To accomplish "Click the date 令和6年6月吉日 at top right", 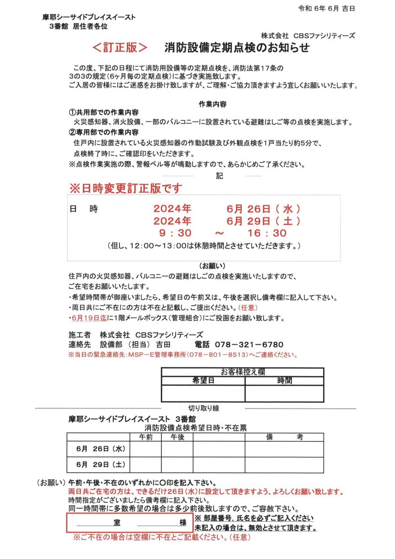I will click(327, 8).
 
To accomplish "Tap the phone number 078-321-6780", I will click(249, 345).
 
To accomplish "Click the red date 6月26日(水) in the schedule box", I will click(263, 208).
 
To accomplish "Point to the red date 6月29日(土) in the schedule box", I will click(263, 220).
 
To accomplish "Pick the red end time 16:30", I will click(267, 233).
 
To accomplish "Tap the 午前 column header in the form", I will click(145, 437).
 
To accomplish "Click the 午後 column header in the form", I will click(177, 437).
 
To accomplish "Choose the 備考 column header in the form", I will click(284, 437).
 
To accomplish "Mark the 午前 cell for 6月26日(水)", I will click(145, 449).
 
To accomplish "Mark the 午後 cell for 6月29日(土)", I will click(177, 465).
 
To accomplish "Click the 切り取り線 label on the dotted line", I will click(203, 408).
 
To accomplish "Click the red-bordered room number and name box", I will click(129, 523).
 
